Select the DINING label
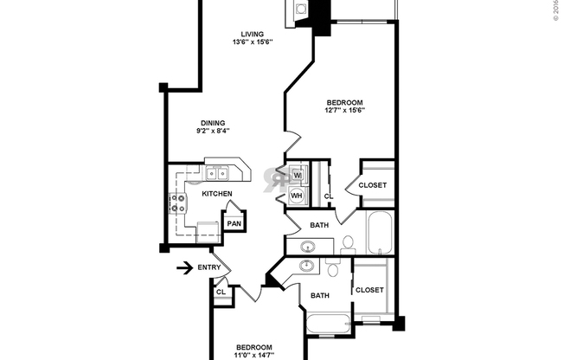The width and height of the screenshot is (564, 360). tap(213, 123)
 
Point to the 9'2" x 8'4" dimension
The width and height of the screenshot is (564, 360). tap(213, 132)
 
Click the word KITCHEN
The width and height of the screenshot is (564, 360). tap(216, 194)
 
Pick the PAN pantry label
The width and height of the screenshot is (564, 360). tap(234, 223)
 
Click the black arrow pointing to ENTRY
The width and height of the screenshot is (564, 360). tap(183, 267)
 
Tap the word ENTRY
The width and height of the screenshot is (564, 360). tap(209, 267)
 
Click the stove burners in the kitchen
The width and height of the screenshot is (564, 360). tap(178, 203)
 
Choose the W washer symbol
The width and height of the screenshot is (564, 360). tap(297, 175)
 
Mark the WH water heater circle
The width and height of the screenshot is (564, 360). tap(296, 196)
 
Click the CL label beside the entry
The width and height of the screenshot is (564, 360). tap(221, 292)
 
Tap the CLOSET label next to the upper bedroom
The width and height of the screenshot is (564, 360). tap(373, 185)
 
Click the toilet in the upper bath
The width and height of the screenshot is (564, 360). tap(348, 245)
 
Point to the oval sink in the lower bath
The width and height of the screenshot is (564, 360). tap(308, 265)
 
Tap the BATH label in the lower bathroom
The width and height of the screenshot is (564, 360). tap(320, 296)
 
